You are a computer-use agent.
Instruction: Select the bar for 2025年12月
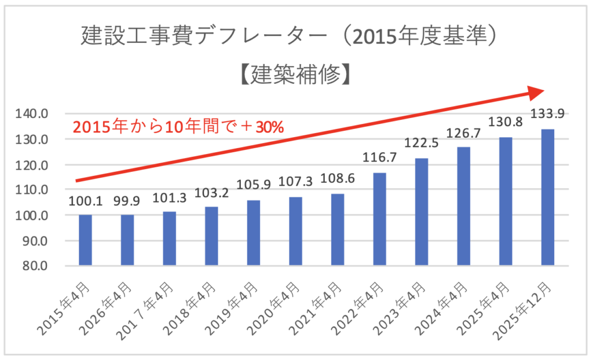[x=548, y=197]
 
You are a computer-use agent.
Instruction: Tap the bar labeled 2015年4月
[x=85, y=240]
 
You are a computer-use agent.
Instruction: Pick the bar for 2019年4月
[x=254, y=233]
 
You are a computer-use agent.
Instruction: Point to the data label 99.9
[x=127, y=201]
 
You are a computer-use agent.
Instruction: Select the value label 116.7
[x=379, y=157]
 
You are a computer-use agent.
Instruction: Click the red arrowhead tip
[x=545, y=91]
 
